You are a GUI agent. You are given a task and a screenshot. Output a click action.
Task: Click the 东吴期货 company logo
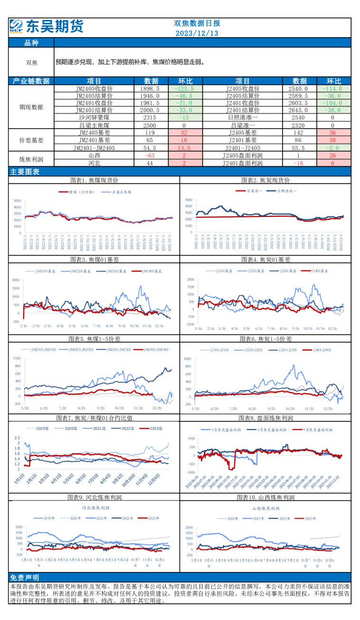click(46, 26)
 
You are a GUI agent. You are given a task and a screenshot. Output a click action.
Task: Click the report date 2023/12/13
click(197, 33)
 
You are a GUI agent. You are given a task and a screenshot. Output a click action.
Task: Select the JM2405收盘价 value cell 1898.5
click(151, 89)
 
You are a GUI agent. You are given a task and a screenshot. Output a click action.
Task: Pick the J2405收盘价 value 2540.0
click(298, 89)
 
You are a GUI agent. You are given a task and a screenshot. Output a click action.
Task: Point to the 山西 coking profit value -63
click(151, 156)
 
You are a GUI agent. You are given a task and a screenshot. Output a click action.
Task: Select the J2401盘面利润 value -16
click(298, 163)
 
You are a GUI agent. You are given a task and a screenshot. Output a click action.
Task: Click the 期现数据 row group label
click(31, 107)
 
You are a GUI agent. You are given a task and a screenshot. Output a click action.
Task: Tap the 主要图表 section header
click(25, 172)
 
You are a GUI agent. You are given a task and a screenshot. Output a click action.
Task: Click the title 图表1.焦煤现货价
click(94, 180)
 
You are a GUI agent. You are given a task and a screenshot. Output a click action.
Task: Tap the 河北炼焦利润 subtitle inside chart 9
click(95, 508)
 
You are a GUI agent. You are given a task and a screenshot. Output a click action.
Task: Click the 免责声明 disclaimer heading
click(25, 578)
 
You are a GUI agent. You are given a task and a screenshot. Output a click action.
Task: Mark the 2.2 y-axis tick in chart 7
click(17, 437)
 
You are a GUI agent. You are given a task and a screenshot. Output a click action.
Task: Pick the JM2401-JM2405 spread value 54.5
click(151, 148)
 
